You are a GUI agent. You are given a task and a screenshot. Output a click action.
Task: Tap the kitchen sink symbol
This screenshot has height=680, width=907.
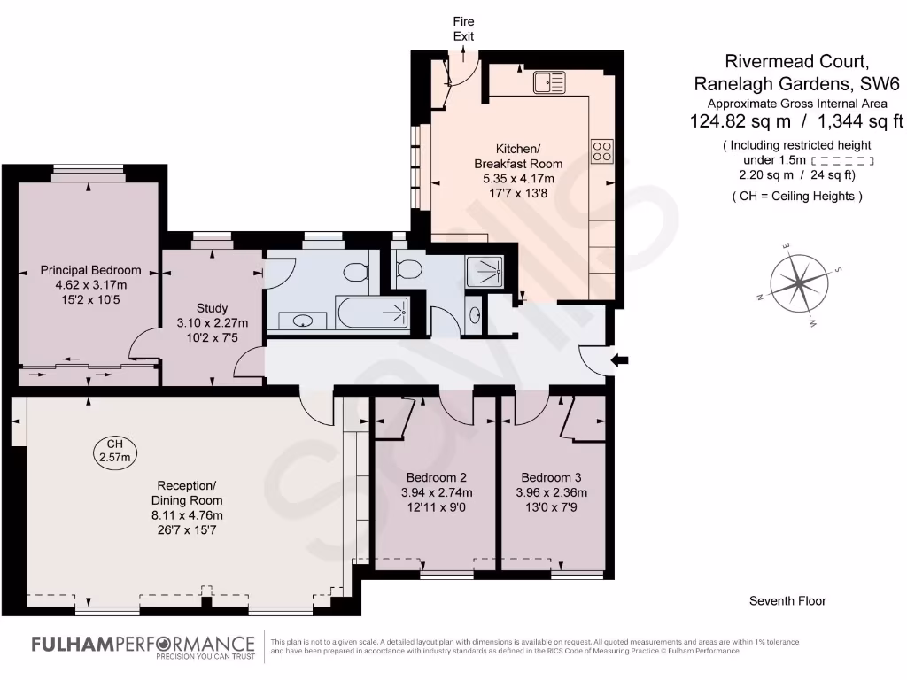tap(549, 83)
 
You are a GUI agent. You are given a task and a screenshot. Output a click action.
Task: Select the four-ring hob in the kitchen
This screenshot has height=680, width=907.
tap(603, 151)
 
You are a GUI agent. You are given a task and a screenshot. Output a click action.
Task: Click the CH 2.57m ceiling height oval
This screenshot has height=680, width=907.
tap(114, 451)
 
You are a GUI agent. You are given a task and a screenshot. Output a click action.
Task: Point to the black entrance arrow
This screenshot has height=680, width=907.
tap(621, 359)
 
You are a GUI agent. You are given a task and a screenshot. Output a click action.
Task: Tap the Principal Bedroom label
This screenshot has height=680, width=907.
tap(90, 270)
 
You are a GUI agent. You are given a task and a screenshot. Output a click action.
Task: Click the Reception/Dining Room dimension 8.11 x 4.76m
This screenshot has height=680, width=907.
tap(186, 515)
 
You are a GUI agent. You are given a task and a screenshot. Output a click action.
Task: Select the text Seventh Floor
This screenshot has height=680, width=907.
tap(787, 601)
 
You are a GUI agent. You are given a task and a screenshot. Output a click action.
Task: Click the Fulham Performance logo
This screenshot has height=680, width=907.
tap(142, 646)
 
